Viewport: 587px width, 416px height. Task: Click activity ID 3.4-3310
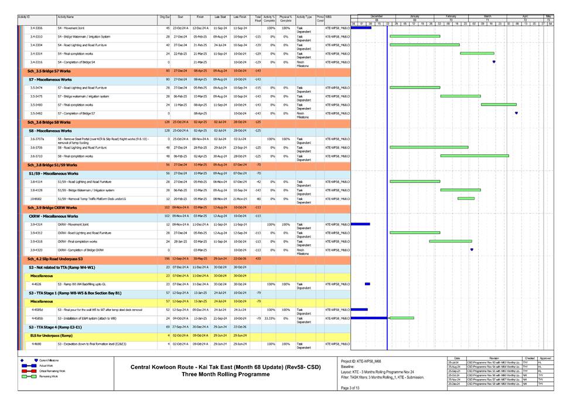click(36, 36)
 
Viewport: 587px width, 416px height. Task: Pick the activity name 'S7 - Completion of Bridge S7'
click(76, 113)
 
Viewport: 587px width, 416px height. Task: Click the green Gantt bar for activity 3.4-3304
click(425, 45)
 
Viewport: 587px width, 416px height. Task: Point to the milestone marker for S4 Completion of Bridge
click(494, 62)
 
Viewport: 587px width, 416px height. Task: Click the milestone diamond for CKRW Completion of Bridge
click(472, 249)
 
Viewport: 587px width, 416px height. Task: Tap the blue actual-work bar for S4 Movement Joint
click(361, 28)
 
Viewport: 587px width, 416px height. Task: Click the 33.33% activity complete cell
click(269, 318)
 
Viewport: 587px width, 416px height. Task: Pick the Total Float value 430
click(258, 258)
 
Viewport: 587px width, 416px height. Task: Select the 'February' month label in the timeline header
click(451, 16)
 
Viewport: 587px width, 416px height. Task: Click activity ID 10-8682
click(36, 198)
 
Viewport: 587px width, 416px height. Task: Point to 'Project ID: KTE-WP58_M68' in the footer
click(361, 361)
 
